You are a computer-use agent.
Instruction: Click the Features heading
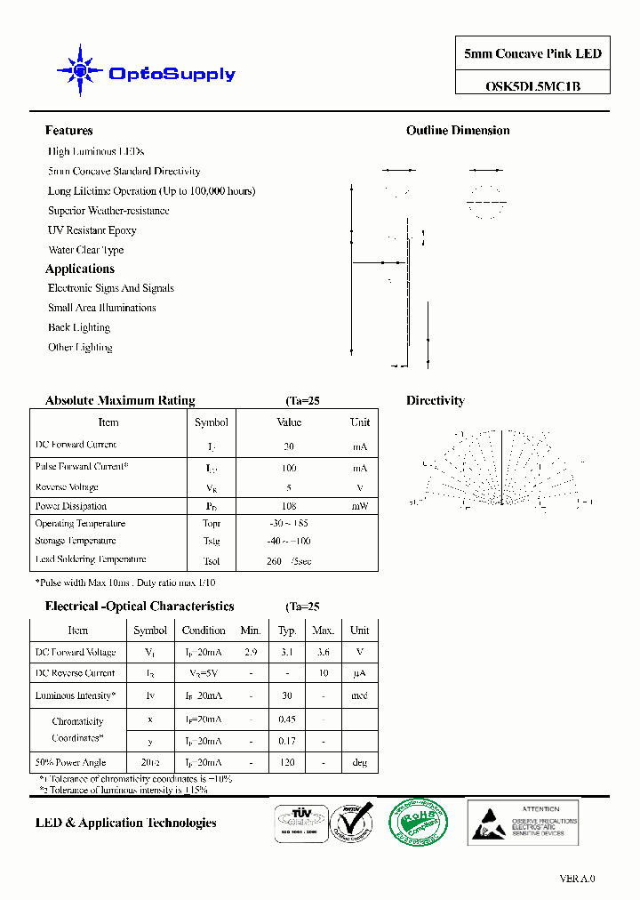(68, 131)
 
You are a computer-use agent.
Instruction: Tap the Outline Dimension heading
(458, 131)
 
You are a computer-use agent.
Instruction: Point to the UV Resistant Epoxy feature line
(92, 230)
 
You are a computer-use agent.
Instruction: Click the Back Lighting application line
(79, 327)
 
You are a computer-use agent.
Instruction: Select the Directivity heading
(436, 401)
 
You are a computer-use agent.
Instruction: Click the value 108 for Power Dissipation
(289, 506)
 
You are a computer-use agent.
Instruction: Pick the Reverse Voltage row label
(67, 487)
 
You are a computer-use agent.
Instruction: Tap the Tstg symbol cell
(211, 541)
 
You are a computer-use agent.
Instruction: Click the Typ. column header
(287, 631)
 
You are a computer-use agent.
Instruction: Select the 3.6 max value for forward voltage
(323, 652)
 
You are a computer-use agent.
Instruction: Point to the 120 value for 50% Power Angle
(287, 763)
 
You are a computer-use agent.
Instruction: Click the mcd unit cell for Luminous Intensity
(359, 696)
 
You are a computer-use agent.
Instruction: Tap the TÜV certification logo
(299, 818)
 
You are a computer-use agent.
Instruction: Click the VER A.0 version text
(577, 879)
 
